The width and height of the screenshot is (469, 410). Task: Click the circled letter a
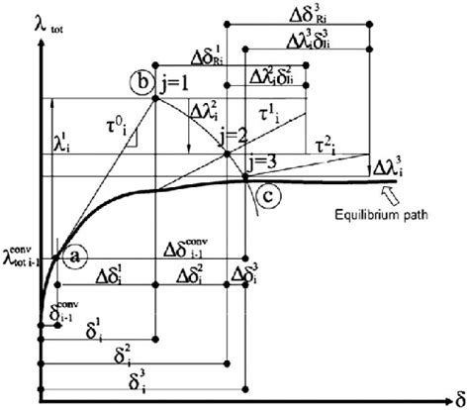coord(74,256)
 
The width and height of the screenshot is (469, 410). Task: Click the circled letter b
coord(141,80)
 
